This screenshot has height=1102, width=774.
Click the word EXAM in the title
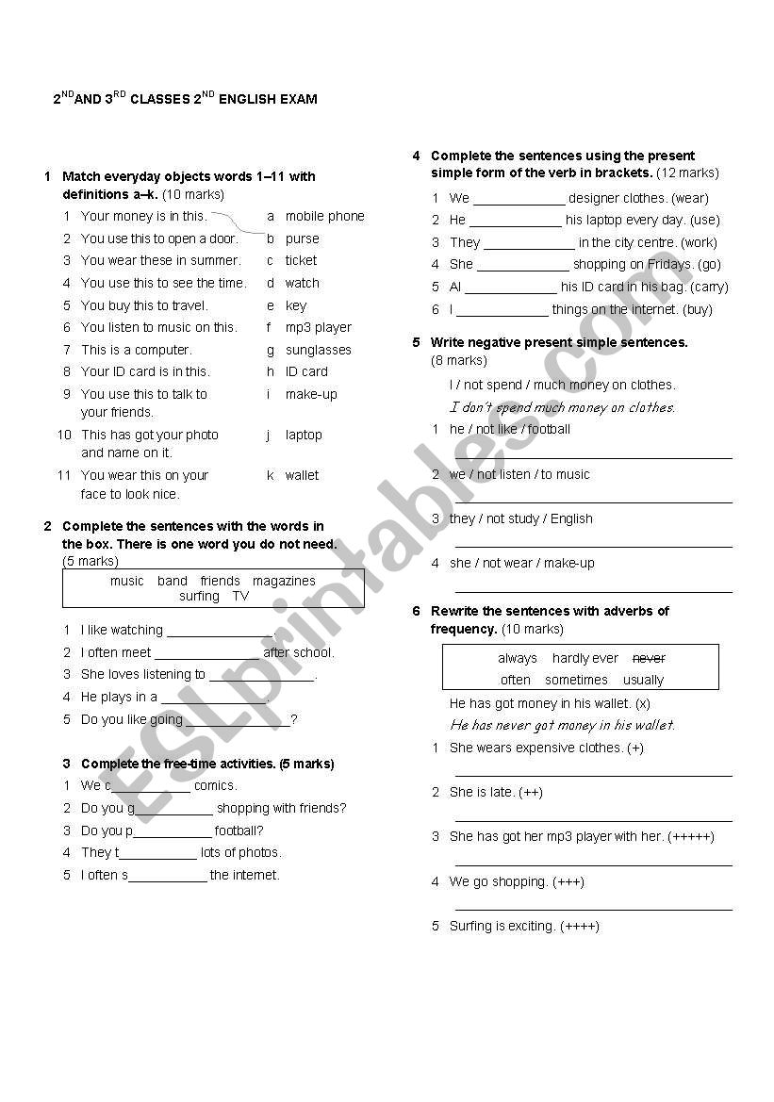[x=297, y=99]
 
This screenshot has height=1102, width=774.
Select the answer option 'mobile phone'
[x=324, y=216]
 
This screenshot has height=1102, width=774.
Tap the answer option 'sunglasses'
[x=318, y=350]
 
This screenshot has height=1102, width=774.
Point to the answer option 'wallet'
[x=302, y=475]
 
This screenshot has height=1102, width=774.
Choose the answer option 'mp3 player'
[x=318, y=327]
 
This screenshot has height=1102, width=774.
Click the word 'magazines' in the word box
[x=284, y=581]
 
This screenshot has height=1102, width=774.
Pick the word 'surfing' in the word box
[x=199, y=596]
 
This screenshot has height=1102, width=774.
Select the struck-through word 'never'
[x=649, y=658]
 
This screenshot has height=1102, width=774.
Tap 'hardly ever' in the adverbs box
[x=585, y=658]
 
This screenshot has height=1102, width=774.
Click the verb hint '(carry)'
[x=709, y=287]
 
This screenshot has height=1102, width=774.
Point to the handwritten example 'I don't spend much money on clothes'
[x=562, y=407]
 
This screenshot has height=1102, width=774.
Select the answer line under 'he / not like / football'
[x=593, y=456]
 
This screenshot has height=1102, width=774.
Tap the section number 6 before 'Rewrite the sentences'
[x=416, y=611]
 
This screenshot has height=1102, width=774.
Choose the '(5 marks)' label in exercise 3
[x=307, y=764]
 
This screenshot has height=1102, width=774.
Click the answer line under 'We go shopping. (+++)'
[x=593, y=909]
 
